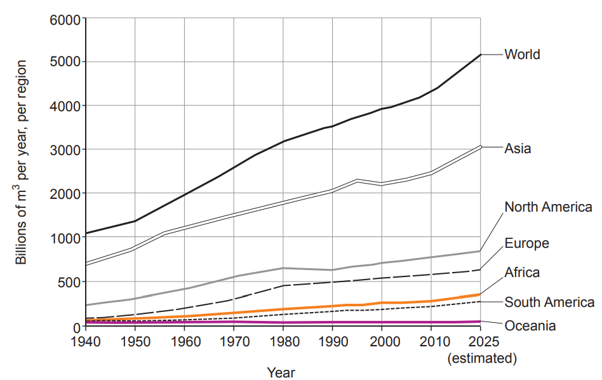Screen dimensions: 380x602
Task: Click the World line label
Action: [522, 55]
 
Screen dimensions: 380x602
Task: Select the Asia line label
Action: [518, 149]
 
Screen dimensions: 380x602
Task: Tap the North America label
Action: [548, 207]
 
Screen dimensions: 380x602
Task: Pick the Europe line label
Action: [526, 243]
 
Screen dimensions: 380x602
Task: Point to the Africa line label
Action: [522, 273]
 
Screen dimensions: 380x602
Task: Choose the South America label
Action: [549, 302]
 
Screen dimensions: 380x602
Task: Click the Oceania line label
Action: [530, 326]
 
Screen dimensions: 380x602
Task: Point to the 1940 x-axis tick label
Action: [85, 341]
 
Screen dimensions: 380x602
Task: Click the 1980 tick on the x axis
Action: [283, 341]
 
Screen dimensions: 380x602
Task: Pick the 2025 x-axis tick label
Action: [481, 341]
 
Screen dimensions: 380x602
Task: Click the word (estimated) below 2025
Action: [481, 358]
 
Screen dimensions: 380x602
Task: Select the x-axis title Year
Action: [281, 372]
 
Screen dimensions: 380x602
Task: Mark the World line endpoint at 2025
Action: [481, 55]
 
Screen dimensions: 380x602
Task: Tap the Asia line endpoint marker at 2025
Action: [481, 147]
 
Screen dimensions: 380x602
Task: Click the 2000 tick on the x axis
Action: [382, 341]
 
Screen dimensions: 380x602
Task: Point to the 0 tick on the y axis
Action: [76, 327]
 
